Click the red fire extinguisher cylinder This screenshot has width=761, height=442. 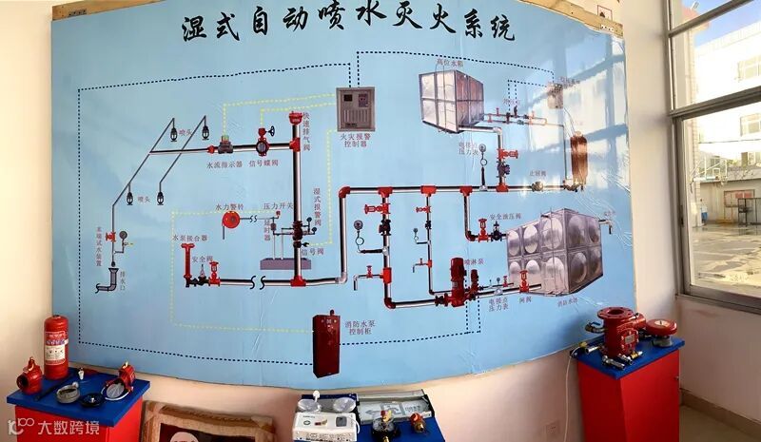coord(56,347)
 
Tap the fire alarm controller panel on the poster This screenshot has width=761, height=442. coord(355,109)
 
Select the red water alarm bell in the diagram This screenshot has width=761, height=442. coord(231,220)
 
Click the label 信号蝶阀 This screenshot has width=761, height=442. coord(263,163)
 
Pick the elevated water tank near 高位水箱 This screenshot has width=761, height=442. coord(451,100)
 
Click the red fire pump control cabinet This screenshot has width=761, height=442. coord(325,343)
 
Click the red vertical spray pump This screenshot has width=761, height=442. coord(458,281)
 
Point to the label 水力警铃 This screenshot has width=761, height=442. coord(229,205)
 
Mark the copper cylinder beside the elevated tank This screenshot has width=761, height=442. coord(578,157)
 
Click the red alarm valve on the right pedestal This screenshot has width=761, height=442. coord(618,332)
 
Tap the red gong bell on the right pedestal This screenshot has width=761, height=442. coord(659,328)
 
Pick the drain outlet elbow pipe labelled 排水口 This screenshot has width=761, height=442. coord(107,278)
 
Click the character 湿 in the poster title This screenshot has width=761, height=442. coord(196,29)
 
